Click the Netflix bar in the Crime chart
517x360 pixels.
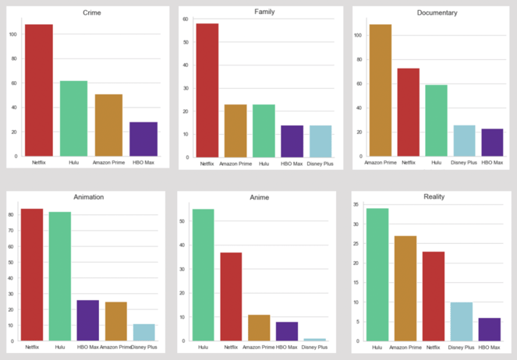click(39, 90)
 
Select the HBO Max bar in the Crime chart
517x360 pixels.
click(143, 139)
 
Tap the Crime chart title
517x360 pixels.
click(91, 13)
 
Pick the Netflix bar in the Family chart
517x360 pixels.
click(207, 90)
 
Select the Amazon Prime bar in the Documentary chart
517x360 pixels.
click(381, 90)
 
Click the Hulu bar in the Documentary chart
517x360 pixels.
click(436, 121)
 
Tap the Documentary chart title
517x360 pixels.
click(437, 13)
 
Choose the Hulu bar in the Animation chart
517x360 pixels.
click(60, 276)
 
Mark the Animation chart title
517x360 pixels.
click(88, 197)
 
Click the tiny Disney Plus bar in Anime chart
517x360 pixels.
click(315, 340)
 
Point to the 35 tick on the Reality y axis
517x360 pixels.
click(356, 205)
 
